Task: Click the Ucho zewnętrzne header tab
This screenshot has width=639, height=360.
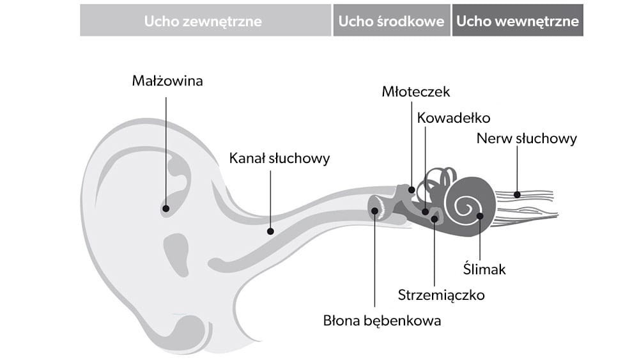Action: click(x=203, y=20)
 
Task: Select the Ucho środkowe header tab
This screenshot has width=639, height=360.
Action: click(x=391, y=20)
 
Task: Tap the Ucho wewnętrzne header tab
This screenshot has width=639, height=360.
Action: click(x=518, y=20)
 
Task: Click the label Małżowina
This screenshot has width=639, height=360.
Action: click(x=167, y=81)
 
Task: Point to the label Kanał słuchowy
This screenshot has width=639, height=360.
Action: click(x=280, y=158)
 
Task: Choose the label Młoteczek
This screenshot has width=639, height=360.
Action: click(x=416, y=91)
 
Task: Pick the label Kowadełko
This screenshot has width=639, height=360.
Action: click(x=454, y=118)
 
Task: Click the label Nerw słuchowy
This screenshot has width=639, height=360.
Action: click(x=527, y=138)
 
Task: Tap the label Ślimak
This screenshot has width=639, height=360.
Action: click(x=485, y=269)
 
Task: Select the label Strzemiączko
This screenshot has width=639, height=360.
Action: click(x=442, y=295)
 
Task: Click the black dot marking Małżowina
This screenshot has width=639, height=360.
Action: click(x=166, y=208)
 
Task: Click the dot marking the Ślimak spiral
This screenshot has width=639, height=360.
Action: click(x=480, y=216)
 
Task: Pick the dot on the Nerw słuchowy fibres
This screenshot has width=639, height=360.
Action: click(x=518, y=194)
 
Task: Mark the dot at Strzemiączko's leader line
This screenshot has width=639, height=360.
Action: click(x=435, y=219)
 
